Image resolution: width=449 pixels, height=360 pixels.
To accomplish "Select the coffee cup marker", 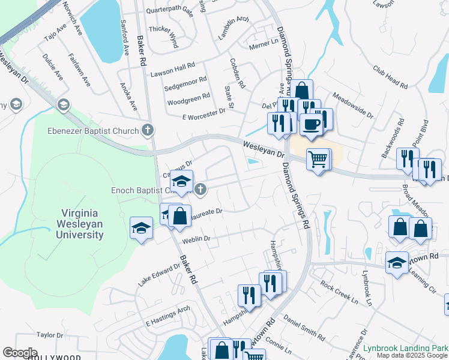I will pos(310,124).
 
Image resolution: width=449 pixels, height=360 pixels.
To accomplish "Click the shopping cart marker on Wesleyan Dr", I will pos(318,160).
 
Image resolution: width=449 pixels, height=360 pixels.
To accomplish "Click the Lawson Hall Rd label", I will pos(173,65).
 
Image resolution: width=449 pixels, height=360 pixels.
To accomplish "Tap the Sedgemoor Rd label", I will pos(186,79).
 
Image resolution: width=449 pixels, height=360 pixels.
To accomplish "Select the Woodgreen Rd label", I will pos(188,95).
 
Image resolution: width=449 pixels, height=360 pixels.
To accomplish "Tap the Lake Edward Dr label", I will pos(158,275).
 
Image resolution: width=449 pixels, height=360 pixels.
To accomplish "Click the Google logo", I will pos(20,353).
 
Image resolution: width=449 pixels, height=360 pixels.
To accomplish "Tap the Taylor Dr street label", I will pos(50,335).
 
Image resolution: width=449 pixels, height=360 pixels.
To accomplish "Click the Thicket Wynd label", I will pos(163,37).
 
